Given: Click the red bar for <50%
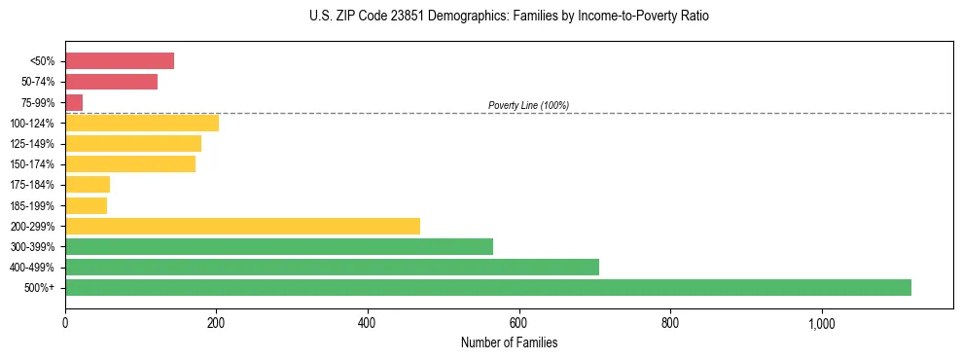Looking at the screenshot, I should (120, 61).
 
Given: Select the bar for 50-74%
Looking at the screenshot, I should (111, 82).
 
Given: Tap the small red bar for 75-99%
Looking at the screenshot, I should (74, 102).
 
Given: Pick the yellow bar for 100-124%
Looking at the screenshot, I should (142, 123).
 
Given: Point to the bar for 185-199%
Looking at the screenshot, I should (86, 205).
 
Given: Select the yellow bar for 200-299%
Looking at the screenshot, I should (242, 226).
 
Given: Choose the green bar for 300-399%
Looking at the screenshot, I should (279, 246).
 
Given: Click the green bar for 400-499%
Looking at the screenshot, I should (332, 267).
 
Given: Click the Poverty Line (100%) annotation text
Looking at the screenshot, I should (528, 105).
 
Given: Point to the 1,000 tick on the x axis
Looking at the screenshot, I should (821, 323).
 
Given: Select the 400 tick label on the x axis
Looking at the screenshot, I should (368, 323).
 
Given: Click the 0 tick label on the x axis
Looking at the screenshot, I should (65, 323).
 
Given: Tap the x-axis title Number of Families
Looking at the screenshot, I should (509, 342).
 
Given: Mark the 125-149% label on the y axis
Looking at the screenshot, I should (32, 144).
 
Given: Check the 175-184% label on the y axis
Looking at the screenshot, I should (32, 185).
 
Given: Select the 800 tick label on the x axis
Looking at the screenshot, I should (670, 323).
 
